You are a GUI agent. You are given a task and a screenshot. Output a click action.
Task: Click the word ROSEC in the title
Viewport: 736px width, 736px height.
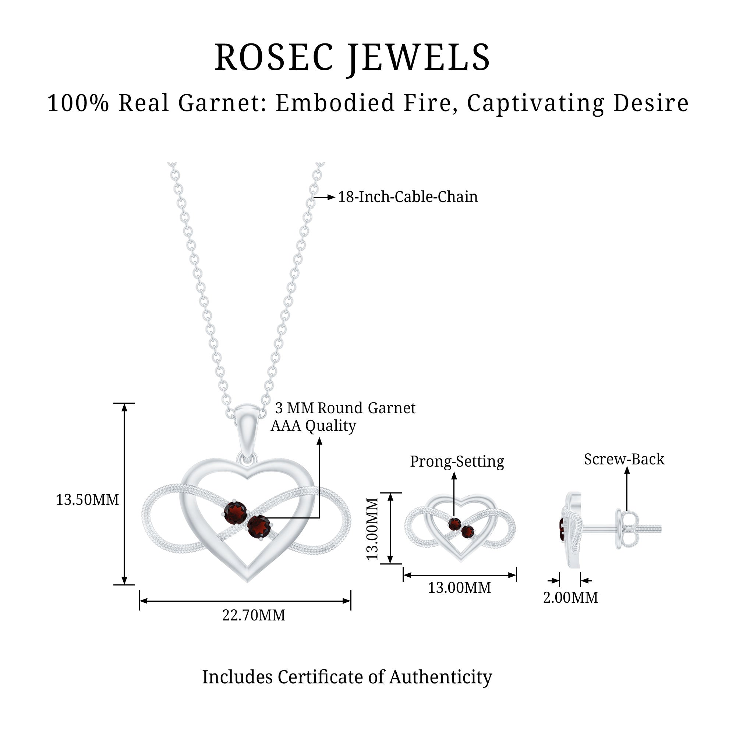pos(273,57)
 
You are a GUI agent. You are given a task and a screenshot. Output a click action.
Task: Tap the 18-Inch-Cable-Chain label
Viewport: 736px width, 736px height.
pos(408,197)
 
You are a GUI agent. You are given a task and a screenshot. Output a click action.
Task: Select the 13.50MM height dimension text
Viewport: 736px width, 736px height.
pos(87,500)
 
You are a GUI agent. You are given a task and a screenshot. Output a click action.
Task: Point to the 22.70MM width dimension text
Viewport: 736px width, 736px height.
pos(254,615)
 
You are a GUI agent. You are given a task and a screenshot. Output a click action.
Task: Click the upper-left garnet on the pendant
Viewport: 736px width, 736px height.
pos(236,513)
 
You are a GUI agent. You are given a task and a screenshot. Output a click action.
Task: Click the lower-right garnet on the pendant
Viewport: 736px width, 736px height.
pos(259,527)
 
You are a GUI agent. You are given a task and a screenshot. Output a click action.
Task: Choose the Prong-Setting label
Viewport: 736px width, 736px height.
pos(457,461)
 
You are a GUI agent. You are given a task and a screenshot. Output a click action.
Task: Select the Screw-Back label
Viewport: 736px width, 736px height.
pos(624,459)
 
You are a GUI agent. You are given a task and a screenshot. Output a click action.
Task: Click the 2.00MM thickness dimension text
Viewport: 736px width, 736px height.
pos(570,597)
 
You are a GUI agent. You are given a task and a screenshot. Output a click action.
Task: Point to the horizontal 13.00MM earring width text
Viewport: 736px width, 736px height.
pos(459,588)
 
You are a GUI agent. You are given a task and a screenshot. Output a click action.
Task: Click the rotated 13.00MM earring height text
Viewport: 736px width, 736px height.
pos(372,529)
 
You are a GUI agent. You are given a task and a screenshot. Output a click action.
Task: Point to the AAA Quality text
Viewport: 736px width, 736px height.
pos(313,426)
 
